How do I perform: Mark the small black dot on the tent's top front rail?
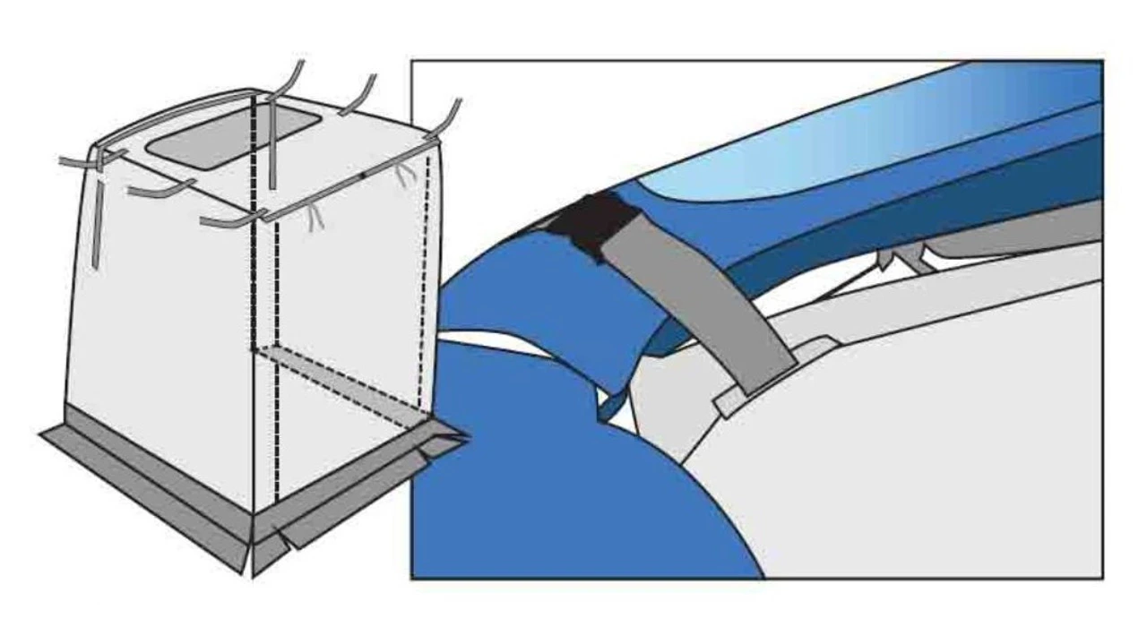coord(363,176)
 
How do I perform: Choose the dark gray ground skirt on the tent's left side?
coord(143,484)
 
